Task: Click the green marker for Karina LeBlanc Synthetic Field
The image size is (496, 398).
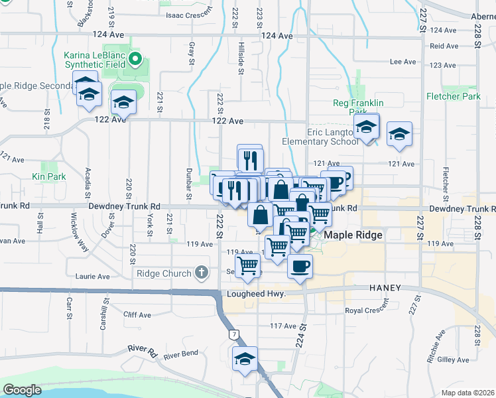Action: pyautogui.click(x=135, y=59)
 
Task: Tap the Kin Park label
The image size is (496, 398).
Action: pyautogui.click(x=48, y=176)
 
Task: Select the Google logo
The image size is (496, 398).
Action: pyautogui.click(x=21, y=390)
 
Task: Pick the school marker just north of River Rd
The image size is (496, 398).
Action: pyautogui.click(x=245, y=359)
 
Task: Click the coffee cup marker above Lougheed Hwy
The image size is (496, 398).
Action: pyautogui.click(x=300, y=267)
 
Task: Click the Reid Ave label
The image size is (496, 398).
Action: pyautogui.click(x=444, y=46)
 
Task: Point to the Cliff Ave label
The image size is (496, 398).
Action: pyautogui.click(x=137, y=315)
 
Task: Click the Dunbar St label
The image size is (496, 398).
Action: pyautogui.click(x=189, y=184)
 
